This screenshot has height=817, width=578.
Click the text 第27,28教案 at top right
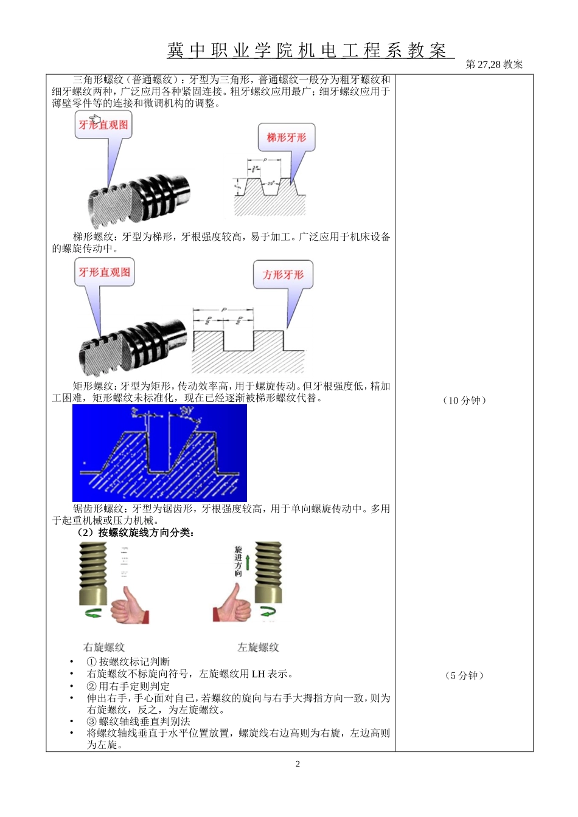coord(494,64)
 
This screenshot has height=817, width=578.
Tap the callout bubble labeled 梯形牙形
coord(287,138)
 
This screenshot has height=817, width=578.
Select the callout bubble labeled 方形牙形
coord(283,275)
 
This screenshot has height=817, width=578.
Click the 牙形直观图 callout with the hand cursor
coord(103,125)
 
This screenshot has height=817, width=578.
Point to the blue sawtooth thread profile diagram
coord(159,453)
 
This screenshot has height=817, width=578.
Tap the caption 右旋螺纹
coord(103,647)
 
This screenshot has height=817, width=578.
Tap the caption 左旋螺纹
coord(258,647)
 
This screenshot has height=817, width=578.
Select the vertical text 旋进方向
coord(239,561)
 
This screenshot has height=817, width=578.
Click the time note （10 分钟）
coord(465,401)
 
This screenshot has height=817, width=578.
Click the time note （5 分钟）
coord(465,675)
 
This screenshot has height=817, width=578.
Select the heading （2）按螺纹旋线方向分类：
coord(135,533)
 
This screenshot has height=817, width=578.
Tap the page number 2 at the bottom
coord(298,764)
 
